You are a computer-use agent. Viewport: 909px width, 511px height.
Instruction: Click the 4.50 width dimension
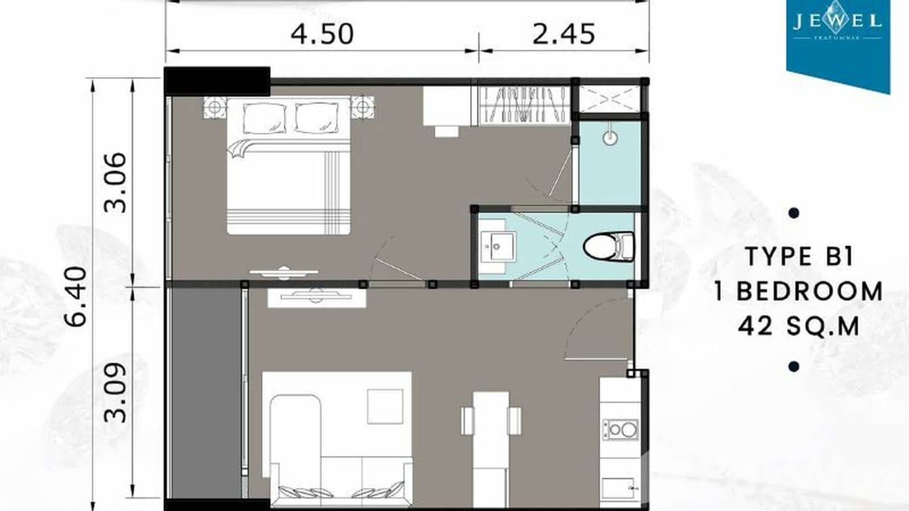[322, 33]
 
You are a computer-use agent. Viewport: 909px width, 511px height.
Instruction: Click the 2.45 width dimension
[564, 33]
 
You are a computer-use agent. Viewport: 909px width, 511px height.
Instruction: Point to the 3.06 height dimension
[116, 182]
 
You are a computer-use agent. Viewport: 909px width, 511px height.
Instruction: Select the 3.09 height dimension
[116, 393]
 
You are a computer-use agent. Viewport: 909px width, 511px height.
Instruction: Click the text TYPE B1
[799, 258]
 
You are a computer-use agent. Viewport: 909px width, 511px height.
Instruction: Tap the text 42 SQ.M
[799, 327]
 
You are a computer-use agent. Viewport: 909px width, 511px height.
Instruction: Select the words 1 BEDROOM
[799, 291]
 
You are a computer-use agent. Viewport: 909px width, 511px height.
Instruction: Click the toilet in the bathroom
[608, 245]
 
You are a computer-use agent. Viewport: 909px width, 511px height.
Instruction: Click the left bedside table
[215, 108]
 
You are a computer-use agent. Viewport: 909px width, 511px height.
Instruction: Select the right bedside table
[362, 108]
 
